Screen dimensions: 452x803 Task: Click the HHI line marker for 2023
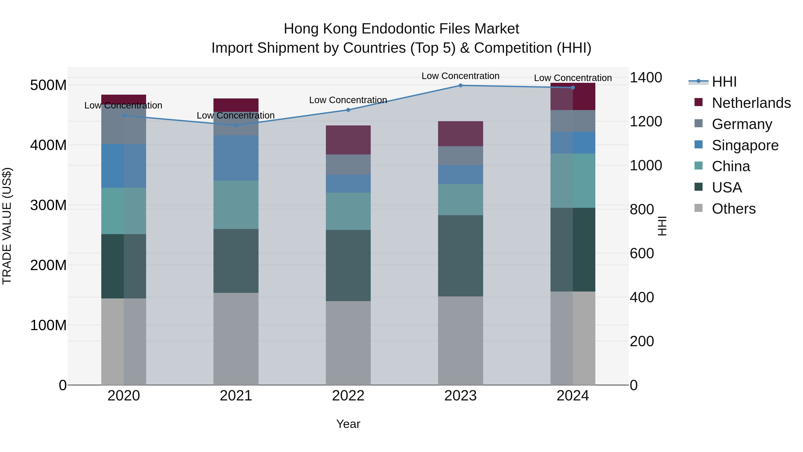(460, 85)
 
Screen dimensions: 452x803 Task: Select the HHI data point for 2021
(236, 125)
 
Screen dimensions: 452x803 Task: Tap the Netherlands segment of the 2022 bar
(348, 140)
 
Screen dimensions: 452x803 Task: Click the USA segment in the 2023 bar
(460, 256)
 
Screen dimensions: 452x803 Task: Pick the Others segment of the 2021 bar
(236, 339)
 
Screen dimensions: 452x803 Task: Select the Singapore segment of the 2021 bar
(236, 158)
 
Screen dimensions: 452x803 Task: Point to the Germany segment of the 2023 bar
(460, 156)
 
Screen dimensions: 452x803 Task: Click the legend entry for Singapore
(745, 145)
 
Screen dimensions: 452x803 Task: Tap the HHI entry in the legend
(724, 82)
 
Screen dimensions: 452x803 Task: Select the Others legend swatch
(699, 208)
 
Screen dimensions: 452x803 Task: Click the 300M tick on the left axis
(48, 205)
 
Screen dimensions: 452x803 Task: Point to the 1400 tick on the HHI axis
(646, 77)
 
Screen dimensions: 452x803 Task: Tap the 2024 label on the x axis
(573, 396)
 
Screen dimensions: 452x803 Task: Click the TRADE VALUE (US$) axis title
(7, 226)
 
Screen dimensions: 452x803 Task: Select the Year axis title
(348, 424)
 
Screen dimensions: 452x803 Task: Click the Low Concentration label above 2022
(348, 100)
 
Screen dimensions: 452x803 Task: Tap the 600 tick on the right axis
(642, 253)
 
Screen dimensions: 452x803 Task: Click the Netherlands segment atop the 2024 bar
(573, 97)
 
